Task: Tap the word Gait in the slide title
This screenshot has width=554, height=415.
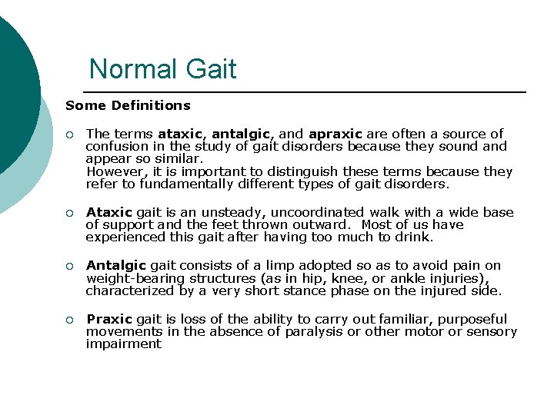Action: pos(209,69)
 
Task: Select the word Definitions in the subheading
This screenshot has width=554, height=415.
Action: pos(151,105)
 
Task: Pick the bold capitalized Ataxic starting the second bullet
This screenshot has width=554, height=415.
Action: pos(109,212)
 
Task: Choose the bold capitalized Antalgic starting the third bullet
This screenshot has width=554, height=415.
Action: pos(115,266)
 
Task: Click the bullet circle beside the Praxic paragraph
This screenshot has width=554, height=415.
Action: pos(69,320)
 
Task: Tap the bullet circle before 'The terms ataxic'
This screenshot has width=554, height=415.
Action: pos(69,134)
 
